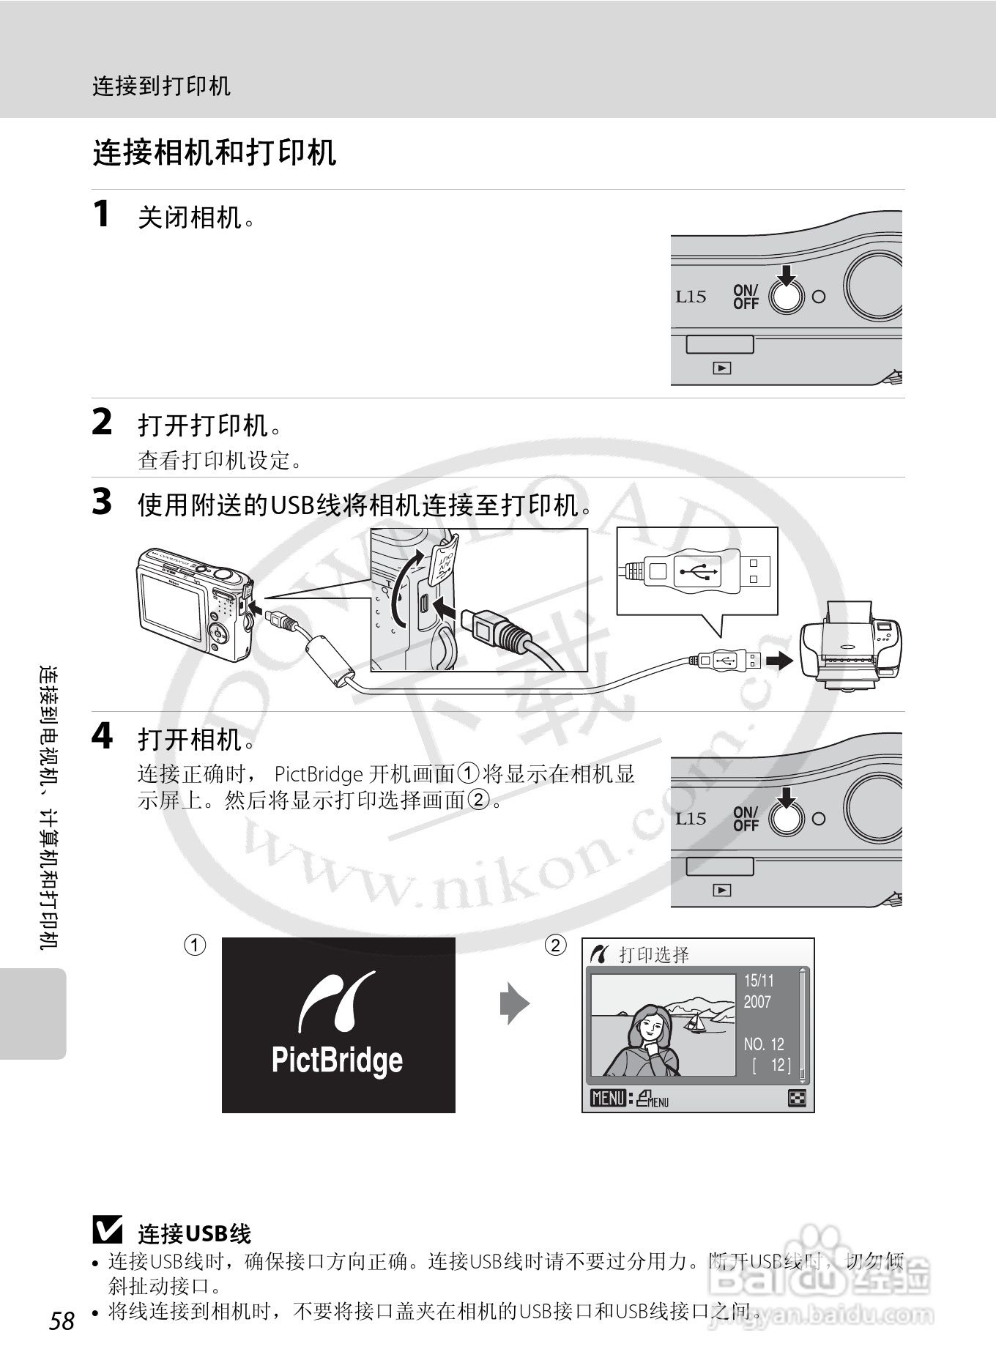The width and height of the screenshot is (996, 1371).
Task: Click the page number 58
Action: click(x=62, y=1320)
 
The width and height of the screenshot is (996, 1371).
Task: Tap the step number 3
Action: click(x=102, y=502)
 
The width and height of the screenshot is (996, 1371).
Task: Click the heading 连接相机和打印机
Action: click(x=214, y=153)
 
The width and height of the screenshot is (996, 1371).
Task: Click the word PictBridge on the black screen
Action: click(x=337, y=1060)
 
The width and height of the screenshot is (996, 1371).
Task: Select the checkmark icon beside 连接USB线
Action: click(x=108, y=1230)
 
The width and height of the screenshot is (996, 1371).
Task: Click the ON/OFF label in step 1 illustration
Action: click(x=746, y=297)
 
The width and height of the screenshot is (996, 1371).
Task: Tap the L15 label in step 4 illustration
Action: click(x=690, y=819)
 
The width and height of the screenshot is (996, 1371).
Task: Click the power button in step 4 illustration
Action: click(x=786, y=820)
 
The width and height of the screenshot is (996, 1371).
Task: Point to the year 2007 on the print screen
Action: click(x=758, y=1002)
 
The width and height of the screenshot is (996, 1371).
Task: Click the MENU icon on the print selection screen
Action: click(x=608, y=1098)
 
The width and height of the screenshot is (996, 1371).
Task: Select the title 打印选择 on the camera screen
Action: click(x=654, y=954)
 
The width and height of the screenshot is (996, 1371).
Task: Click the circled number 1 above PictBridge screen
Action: click(x=194, y=945)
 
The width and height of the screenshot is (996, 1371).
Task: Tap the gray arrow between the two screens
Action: click(x=515, y=1003)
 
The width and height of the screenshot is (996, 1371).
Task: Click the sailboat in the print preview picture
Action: click(x=695, y=1020)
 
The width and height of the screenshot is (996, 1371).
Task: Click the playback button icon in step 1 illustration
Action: click(x=721, y=368)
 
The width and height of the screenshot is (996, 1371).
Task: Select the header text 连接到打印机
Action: click(x=161, y=86)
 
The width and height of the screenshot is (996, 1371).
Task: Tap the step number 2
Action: click(x=102, y=423)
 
